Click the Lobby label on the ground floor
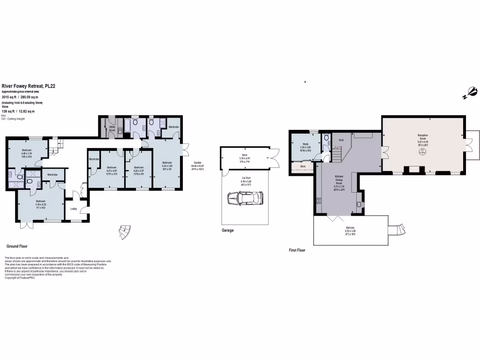(74, 209)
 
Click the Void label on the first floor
(341, 139)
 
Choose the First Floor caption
(297, 250)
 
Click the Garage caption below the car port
(227, 230)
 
